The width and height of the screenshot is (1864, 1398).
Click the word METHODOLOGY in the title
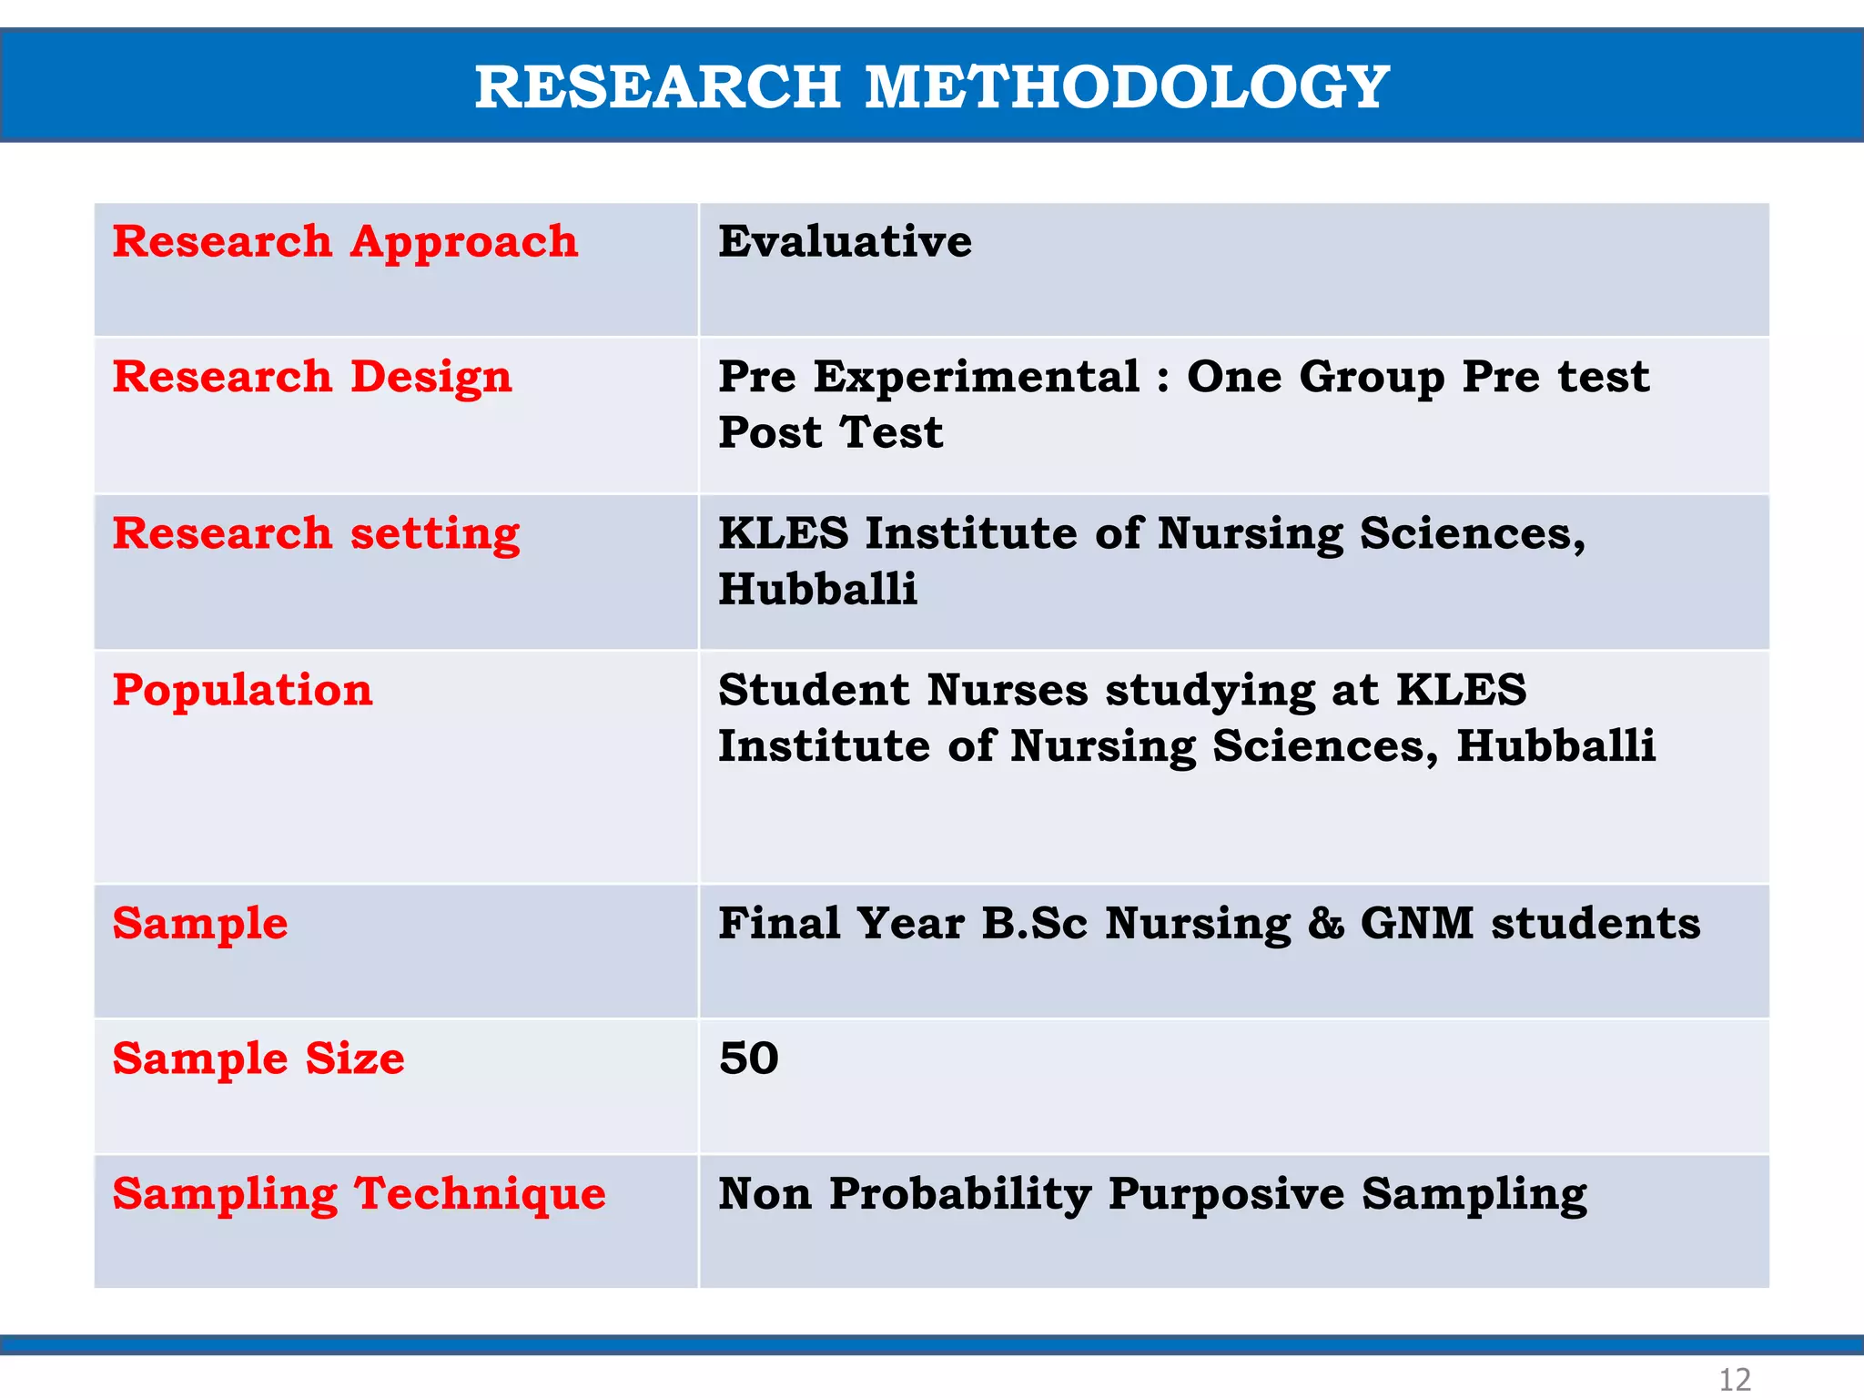[1126, 87]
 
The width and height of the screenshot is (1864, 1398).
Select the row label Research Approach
[345, 243]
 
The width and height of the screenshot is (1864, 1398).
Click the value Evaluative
[845, 241]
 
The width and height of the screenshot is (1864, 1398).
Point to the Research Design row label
[312, 378]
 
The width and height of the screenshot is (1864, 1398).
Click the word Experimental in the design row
[976, 378]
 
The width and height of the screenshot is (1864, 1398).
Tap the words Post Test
[830, 432]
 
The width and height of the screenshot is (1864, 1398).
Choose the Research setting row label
[316, 534]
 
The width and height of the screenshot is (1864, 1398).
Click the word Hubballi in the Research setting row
[817, 589]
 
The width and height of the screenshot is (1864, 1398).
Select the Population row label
[242, 690]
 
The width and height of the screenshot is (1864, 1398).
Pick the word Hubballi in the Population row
[1555, 745]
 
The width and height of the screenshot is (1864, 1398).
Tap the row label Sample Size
[258, 1059]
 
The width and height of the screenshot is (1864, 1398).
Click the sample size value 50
[748, 1059]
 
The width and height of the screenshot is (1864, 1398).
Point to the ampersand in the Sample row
[1326, 924]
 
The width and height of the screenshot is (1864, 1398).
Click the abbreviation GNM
[1416, 924]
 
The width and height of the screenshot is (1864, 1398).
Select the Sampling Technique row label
[359, 1194]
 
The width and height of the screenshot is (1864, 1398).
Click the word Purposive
[1226, 1194]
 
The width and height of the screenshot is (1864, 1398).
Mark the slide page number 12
[1734, 1379]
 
